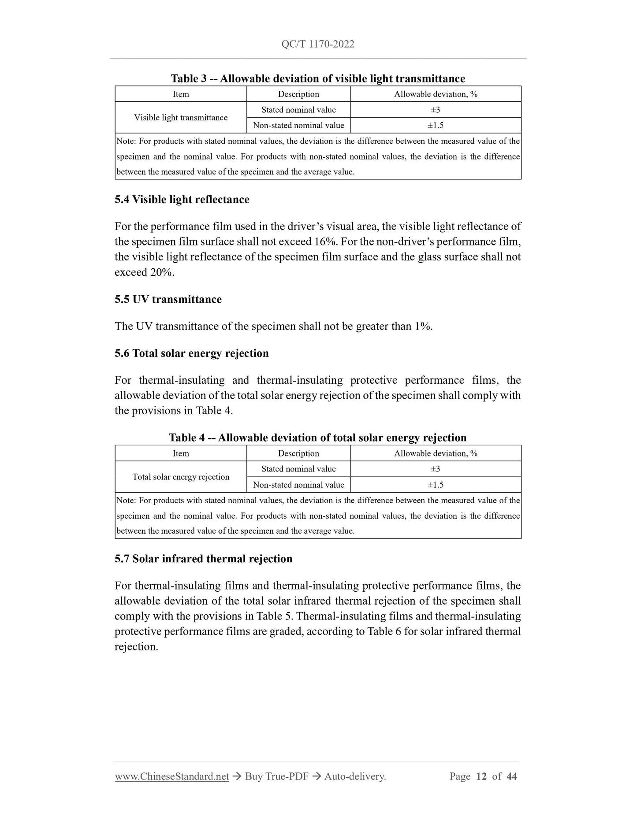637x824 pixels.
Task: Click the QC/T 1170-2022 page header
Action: coord(318,44)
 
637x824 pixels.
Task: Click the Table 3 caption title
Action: coord(318,78)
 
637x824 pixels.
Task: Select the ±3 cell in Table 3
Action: coord(435,110)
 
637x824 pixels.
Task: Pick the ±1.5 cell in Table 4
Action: coord(435,485)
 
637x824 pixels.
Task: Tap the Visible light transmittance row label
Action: coord(181,118)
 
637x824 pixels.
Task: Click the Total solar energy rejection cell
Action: coord(181,477)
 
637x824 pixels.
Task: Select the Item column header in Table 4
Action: coord(181,453)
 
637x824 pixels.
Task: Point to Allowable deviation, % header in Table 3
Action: coord(436,94)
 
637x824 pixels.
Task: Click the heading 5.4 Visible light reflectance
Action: coord(182,200)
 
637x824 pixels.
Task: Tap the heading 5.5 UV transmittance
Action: coord(168,300)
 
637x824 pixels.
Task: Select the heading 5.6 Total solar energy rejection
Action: coord(191,353)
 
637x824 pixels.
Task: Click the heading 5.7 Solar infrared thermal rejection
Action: coord(203,559)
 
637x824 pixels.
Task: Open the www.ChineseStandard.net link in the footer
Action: coord(172,776)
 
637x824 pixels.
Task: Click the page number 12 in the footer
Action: coord(481,776)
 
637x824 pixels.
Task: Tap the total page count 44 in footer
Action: coord(511,776)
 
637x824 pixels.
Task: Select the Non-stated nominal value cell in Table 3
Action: coord(298,125)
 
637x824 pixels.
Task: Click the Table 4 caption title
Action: coord(317,438)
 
